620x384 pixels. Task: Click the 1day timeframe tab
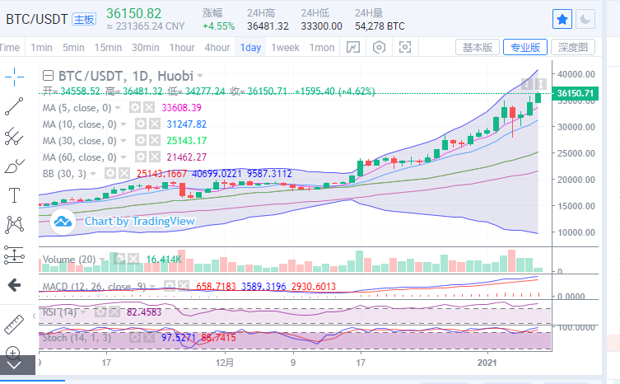pyautogui.click(x=250, y=48)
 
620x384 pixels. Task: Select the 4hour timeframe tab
pyautogui.click(x=217, y=48)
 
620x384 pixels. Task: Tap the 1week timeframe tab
pyautogui.click(x=284, y=48)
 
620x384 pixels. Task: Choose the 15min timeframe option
pyautogui.click(x=108, y=48)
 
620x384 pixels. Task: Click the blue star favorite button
pyautogui.click(x=562, y=18)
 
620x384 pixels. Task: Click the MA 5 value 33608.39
pyautogui.click(x=181, y=108)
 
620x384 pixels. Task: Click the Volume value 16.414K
pyautogui.click(x=163, y=260)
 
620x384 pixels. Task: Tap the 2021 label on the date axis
pyautogui.click(x=487, y=362)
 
